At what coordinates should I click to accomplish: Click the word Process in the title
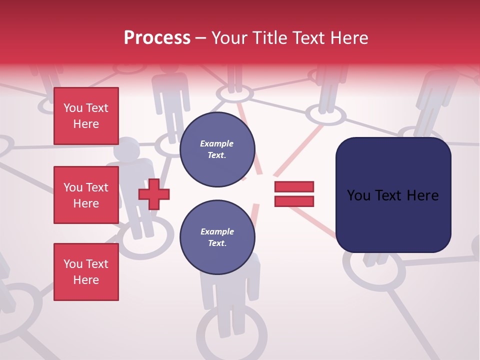tap(157, 38)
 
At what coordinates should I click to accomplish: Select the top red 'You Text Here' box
tap(86, 116)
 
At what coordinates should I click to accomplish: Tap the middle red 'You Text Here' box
tap(86, 195)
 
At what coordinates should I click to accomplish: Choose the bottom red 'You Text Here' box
tap(86, 272)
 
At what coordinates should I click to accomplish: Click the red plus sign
tap(154, 194)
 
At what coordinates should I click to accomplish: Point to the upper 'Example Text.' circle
tap(217, 149)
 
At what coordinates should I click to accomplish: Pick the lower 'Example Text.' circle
tap(217, 237)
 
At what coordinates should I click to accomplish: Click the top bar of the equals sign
tap(294, 187)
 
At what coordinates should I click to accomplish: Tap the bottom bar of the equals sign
tap(294, 201)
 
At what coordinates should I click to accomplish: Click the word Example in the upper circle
tap(216, 144)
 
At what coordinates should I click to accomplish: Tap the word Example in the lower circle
tap(217, 232)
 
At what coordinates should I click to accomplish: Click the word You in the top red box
tap(72, 108)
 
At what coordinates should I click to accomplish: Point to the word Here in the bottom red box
tap(86, 280)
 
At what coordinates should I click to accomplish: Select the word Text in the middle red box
tap(96, 187)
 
